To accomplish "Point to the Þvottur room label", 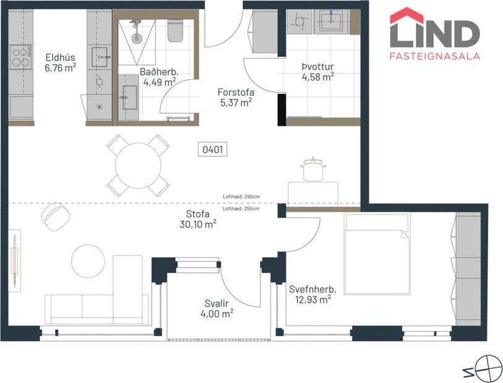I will pyautogui.click(x=317, y=66).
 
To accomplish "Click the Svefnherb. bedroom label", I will pyautogui.click(x=312, y=288).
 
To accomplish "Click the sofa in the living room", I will pyautogui.click(x=97, y=308).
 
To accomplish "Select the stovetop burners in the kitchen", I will pyautogui.click(x=20, y=57).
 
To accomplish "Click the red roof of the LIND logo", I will pyautogui.click(x=406, y=15).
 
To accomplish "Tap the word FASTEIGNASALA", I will pyautogui.click(x=434, y=56).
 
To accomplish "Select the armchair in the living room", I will pyautogui.click(x=56, y=215).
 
